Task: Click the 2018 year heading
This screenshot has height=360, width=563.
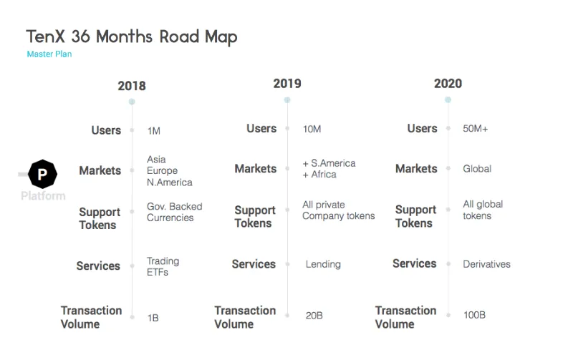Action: pyautogui.click(x=132, y=86)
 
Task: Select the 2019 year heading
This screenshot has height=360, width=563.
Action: pyautogui.click(x=287, y=84)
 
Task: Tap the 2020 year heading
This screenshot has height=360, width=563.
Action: pyautogui.click(x=448, y=84)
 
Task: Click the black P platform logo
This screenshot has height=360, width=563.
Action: pyautogui.click(x=42, y=174)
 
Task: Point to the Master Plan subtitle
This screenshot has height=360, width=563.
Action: pyautogui.click(x=49, y=54)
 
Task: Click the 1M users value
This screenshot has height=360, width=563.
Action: pyautogui.click(x=154, y=131)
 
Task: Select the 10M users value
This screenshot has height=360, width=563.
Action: pyautogui.click(x=312, y=130)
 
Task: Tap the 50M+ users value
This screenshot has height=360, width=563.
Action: pyautogui.click(x=476, y=129)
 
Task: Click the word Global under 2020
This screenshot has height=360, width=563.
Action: pyautogui.click(x=477, y=169)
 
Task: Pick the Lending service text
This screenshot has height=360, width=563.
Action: pyautogui.click(x=323, y=265)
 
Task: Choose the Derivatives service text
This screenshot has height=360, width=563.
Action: pyautogui.click(x=486, y=264)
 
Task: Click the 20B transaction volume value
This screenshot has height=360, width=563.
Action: pyautogui.click(x=314, y=316)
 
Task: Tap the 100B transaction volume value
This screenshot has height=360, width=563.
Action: pyautogui.click(x=474, y=315)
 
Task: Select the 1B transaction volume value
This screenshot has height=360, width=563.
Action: pyautogui.click(x=153, y=318)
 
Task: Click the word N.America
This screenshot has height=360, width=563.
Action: pyautogui.click(x=170, y=183)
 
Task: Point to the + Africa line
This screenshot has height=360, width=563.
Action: pyautogui.click(x=319, y=175)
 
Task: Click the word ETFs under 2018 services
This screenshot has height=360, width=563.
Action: pyautogui.click(x=158, y=272)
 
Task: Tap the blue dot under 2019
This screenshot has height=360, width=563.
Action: pyautogui.click(x=287, y=100)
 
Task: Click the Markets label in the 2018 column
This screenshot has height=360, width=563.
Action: pyautogui.click(x=100, y=170)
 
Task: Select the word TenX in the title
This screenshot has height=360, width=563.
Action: pyautogui.click(x=46, y=37)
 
